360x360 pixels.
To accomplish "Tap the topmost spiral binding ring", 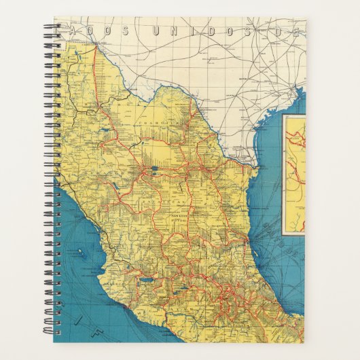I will pyautogui.click(x=50, y=28).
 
